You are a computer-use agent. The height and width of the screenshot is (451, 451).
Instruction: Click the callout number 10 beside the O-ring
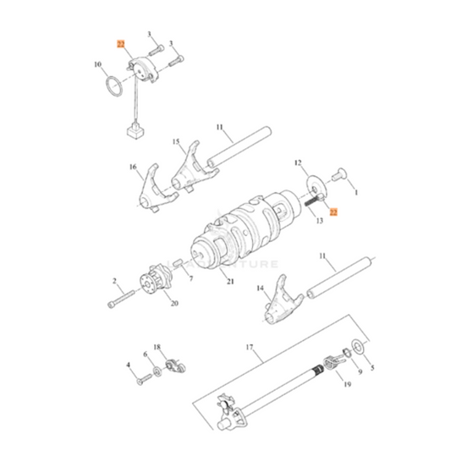(98, 64)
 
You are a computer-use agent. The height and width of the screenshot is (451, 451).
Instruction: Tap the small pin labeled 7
(181, 264)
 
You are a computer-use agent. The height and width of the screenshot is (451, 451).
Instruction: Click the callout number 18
(157, 347)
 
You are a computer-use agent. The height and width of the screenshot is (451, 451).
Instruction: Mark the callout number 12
(298, 161)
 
